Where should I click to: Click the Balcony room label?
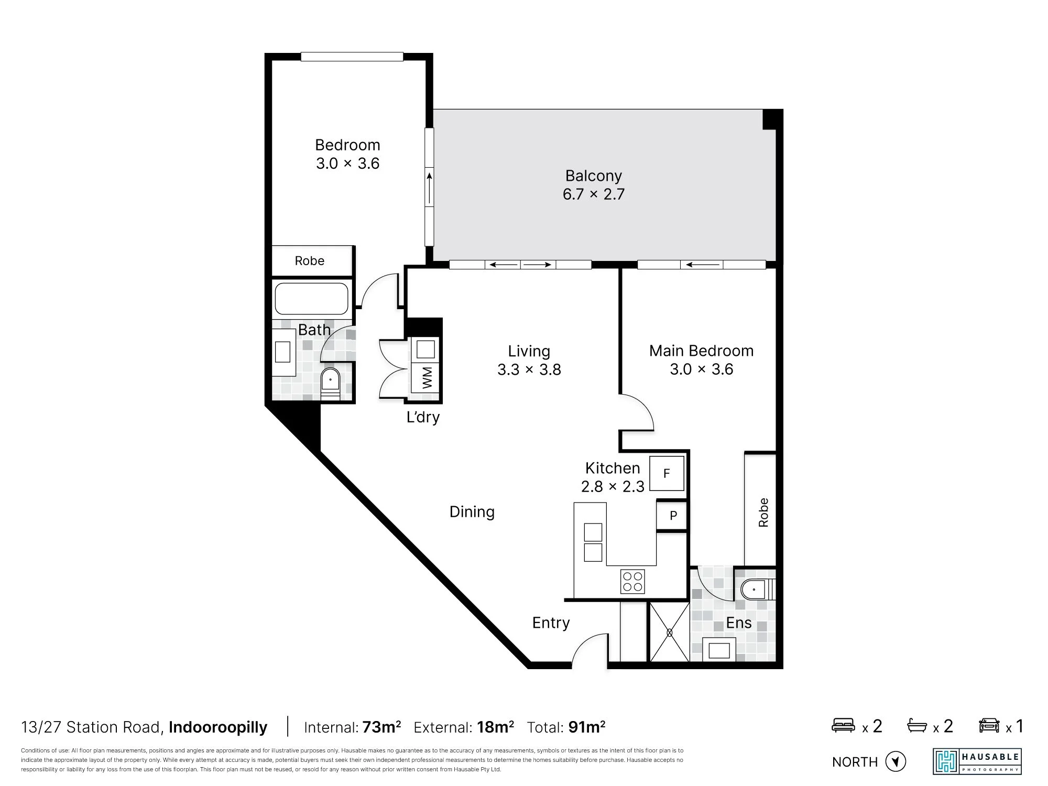tap(594, 176)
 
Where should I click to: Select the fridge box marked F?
tap(667, 473)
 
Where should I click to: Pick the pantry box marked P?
tap(672, 516)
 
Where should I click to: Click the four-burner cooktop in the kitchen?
tap(632, 581)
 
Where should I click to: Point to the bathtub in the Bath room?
tap(312, 299)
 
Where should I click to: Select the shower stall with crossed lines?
tap(669, 632)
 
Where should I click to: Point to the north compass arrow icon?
tap(896, 761)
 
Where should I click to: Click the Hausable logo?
tap(977, 761)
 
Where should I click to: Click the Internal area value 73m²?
tap(381, 727)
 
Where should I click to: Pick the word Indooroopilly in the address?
tap(218, 727)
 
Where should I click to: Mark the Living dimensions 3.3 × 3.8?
tap(529, 369)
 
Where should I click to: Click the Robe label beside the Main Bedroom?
tap(763, 512)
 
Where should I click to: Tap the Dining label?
tap(472, 512)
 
